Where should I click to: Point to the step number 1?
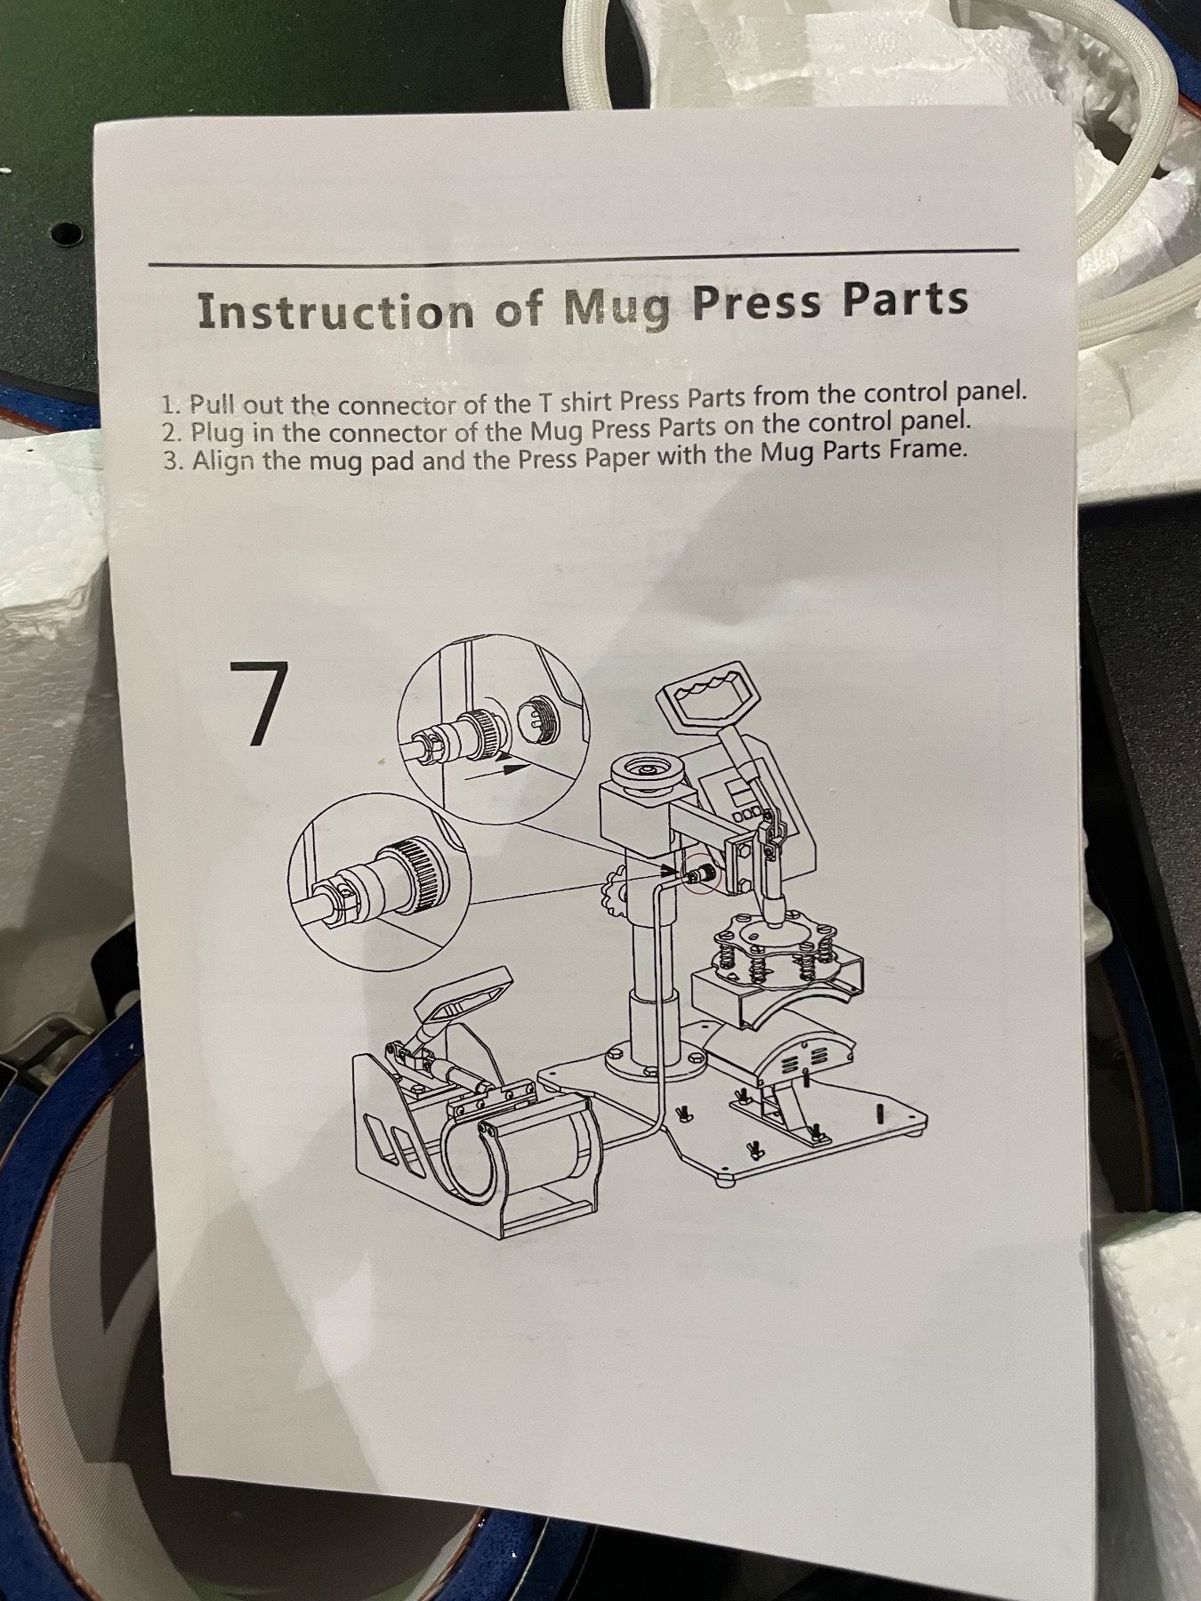click(168, 406)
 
